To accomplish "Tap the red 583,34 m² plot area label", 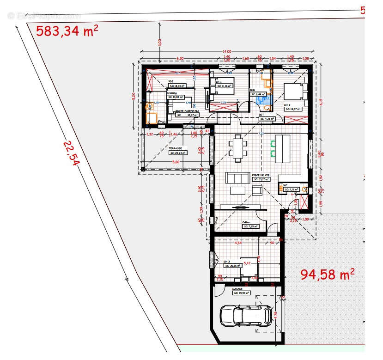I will click(x=67, y=31).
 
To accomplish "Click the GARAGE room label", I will click(x=237, y=289).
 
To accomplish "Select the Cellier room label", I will click(x=246, y=222).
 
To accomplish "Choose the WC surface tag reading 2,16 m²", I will click(x=292, y=189).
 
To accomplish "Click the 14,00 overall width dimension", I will click(x=226, y=51).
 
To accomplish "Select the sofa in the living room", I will click(x=236, y=178).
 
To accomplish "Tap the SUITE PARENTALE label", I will click(x=187, y=111).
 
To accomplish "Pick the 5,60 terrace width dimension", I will click(x=175, y=162).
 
